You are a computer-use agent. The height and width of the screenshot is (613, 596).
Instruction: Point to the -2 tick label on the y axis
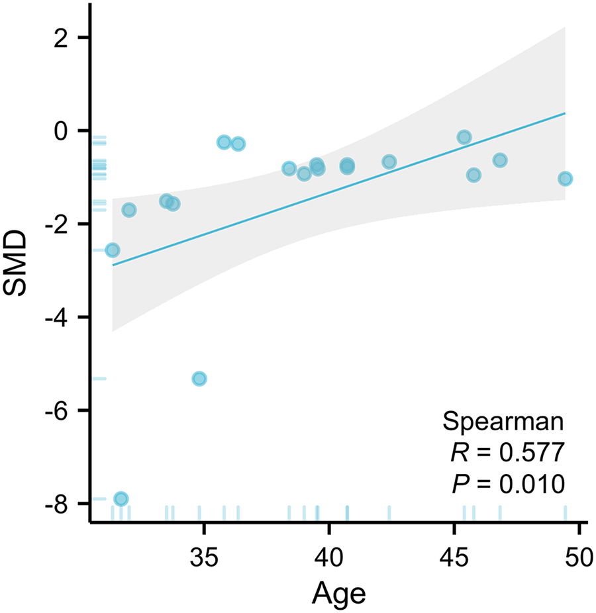(58, 224)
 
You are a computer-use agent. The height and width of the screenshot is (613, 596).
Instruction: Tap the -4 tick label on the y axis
(58, 318)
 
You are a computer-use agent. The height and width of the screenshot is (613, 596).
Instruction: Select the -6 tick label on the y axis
(58, 410)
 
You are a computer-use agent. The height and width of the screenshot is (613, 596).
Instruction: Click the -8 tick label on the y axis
(58, 504)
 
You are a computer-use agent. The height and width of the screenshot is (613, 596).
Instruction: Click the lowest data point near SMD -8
(121, 498)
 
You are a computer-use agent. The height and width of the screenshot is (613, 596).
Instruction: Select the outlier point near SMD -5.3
(199, 379)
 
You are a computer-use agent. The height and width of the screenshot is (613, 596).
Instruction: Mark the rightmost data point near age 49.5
(565, 179)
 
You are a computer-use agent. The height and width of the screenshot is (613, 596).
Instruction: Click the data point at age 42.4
(389, 162)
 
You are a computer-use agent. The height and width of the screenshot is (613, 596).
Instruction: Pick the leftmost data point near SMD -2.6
(113, 250)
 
